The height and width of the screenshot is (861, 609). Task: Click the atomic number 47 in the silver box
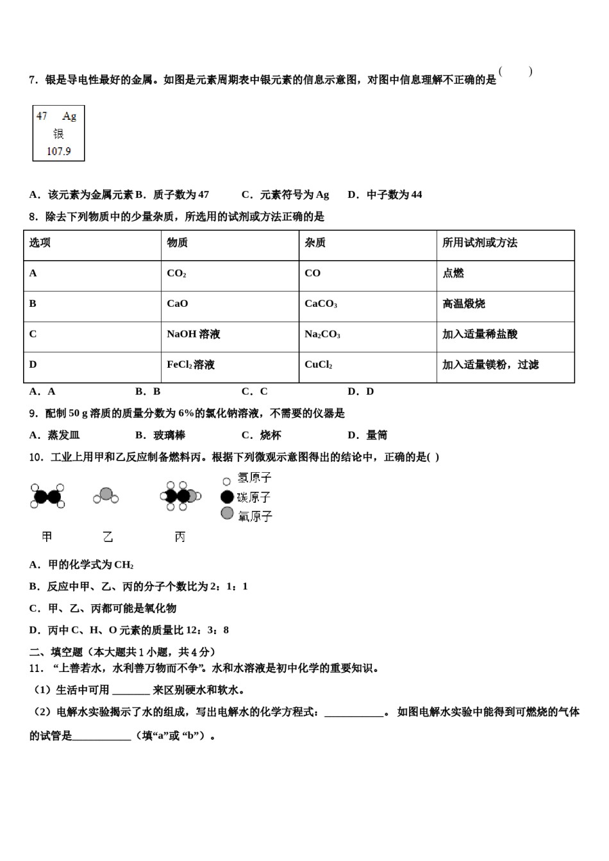42,116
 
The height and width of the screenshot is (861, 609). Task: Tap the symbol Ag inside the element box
69,116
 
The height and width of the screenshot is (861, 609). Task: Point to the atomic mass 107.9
58,151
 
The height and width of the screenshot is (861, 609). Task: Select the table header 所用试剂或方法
480,243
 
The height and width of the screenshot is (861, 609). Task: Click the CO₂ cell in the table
176,274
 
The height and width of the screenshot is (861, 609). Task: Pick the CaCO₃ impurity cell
321,304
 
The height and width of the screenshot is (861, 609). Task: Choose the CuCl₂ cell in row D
318,365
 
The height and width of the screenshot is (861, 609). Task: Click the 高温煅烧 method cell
463,304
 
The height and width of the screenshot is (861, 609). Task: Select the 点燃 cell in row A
453,274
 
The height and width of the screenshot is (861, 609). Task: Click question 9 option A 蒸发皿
55,435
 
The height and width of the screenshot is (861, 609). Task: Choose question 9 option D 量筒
368,435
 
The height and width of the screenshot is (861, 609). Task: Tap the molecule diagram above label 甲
47,496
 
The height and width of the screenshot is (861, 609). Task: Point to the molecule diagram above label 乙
106,495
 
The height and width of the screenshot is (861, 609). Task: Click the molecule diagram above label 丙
180,496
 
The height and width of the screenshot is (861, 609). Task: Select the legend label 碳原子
254,497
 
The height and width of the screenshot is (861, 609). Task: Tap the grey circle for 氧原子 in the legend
227,513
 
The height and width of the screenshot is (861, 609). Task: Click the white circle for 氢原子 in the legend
226,480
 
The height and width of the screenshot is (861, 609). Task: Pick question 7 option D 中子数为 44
385,195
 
